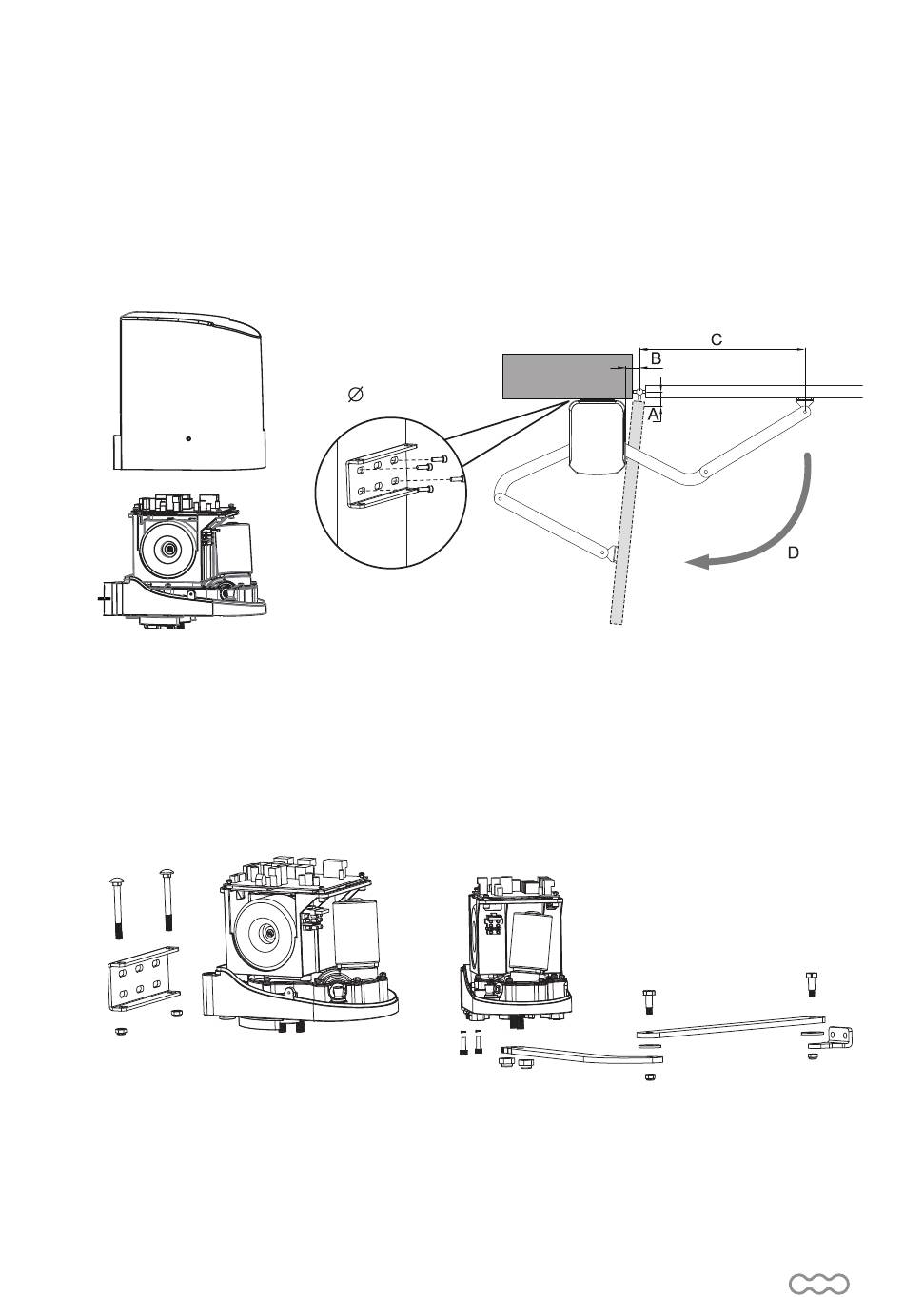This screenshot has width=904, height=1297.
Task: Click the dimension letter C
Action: click(x=717, y=339)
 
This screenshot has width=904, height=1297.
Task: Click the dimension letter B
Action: click(x=656, y=358)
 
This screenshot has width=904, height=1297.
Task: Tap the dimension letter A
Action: click(x=653, y=414)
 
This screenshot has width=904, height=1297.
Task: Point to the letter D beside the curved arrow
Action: click(x=793, y=553)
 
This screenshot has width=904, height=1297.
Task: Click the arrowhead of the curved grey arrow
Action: click(x=697, y=561)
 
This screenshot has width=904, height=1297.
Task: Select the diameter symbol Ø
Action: click(x=355, y=395)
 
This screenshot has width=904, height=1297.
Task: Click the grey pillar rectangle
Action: click(x=567, y=377)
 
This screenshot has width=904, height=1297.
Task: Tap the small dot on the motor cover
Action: click(x=187, y=438)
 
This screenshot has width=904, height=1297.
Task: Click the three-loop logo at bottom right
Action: click(x=818, y=1268)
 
